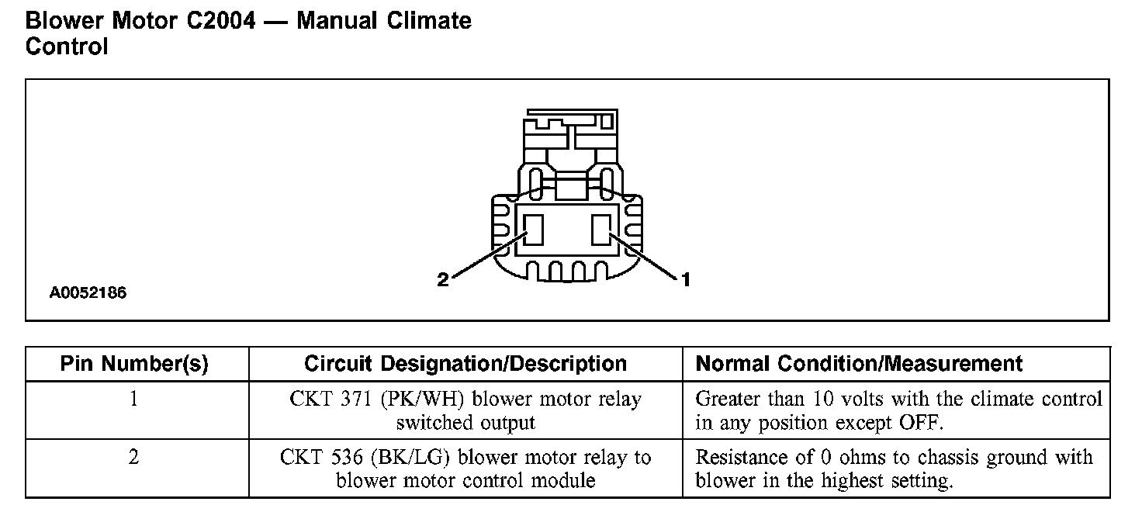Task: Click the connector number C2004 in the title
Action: (x=220, y=20)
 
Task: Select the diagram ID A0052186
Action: (x=88, y=294)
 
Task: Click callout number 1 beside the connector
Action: (x=685, y=280)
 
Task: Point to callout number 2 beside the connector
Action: (x=443, y=280)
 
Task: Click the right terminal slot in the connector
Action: (x=601, y=230)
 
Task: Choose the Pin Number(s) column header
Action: (x=134, y=364)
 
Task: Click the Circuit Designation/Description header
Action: (x=465, y=364)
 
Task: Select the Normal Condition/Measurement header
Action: (x=859, y=364)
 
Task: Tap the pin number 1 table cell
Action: (x=134, y=400)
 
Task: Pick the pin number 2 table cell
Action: (x=134, y=458)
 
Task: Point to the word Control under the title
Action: (x=67, y=47)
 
